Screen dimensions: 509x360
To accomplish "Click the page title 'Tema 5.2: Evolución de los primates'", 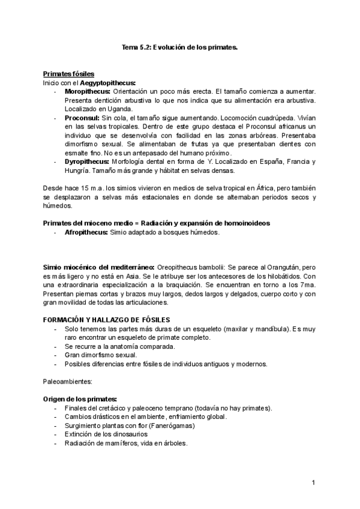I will (180, 47).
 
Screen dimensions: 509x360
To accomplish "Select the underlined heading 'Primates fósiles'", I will (68, 73).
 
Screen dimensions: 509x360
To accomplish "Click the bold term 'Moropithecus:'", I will (88, 91).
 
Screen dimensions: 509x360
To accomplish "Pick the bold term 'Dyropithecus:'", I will (87, 161).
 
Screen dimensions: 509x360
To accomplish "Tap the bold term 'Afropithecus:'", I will (86, 232).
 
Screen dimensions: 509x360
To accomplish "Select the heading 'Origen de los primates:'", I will (80, 399).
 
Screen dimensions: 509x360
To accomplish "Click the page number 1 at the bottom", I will (313, 483).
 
